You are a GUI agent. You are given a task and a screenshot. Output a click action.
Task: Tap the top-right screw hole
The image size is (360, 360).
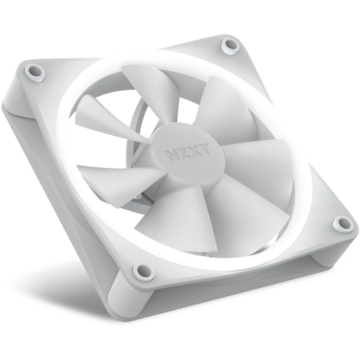(x=231, y=46)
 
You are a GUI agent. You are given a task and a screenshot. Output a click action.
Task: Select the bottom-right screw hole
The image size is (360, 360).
(x=343, y=224)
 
